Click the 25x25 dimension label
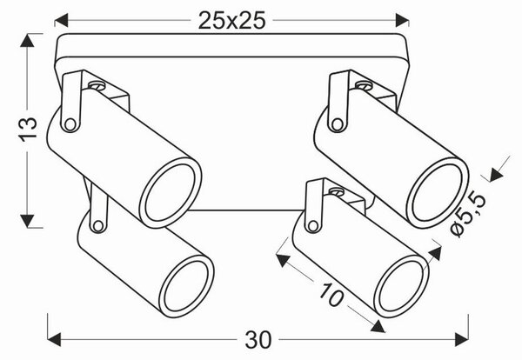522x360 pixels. (231, 21)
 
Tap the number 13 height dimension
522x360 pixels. (28, 129)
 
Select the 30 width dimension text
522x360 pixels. (258, 340)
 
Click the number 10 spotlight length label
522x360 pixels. (331, 295)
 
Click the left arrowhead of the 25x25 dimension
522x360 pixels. (61, 20)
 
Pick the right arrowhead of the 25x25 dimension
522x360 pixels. (402, 20)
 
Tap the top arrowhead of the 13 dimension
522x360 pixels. (27, 40)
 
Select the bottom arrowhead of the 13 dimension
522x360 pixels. (27, 221)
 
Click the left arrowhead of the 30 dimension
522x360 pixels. (54, 340)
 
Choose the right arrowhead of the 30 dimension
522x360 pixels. (462, 340)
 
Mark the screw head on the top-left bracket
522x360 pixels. (97, 85)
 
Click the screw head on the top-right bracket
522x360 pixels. (364, 85)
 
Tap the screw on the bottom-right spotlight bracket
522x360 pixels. (337, 191)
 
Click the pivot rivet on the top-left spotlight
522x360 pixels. (70, 124)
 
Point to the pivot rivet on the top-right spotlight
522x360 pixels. (337, 124)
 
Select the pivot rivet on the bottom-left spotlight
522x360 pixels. (97, 226)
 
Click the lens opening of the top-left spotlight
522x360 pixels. (171, 193)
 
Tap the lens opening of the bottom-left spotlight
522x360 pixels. (187, 286)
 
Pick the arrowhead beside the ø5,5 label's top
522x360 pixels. (496, 175)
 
